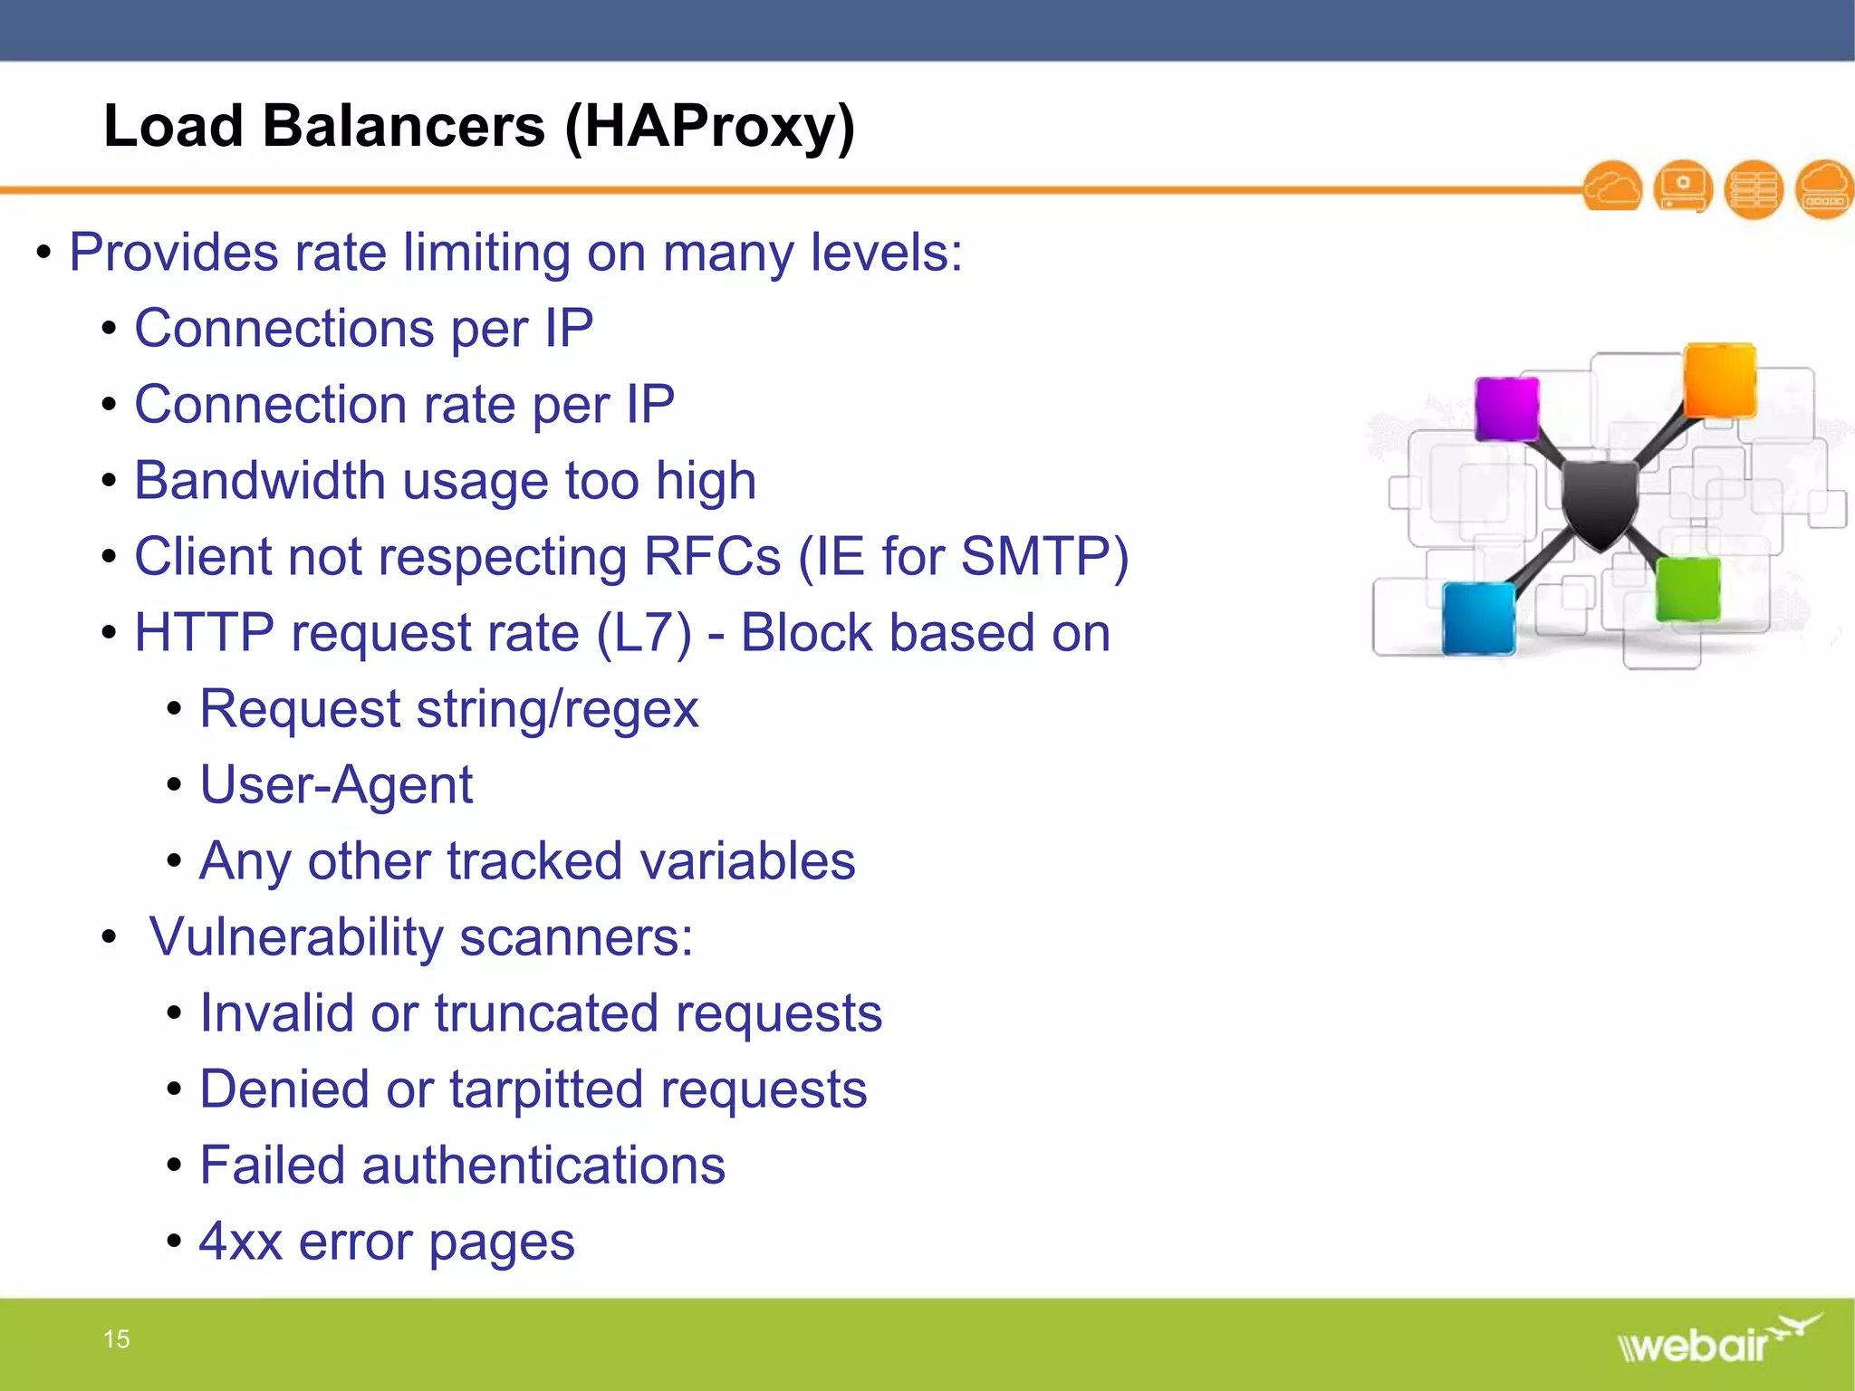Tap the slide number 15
(117, 1338)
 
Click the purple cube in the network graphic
(1506, 408)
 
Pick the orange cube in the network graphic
(1719, 379)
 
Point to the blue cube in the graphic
(1478, 619)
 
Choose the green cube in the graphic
(1687, 590)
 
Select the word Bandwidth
(260, 480)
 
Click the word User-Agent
(336, 784)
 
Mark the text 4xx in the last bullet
(240, 1241)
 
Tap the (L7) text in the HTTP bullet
(644, 632)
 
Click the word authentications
(543, 1165)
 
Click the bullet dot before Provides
(43, 253)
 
